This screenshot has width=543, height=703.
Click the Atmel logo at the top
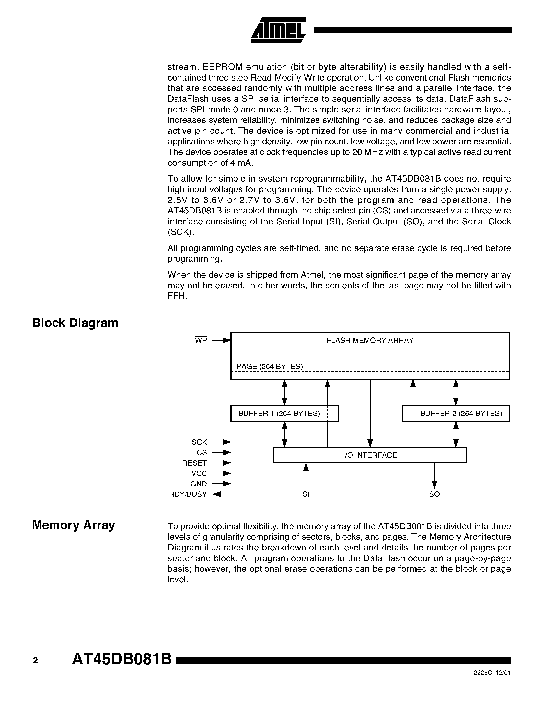click(x=278, y=30)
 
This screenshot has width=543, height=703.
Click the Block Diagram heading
click(x=75, y=323)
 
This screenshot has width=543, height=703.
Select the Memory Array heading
click(x=73, y=525)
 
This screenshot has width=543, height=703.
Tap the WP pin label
click(x=201, y=340)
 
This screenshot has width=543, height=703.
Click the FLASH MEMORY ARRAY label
click(x=370, y=340)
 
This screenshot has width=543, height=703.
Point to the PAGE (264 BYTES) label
click(x=270, y=366)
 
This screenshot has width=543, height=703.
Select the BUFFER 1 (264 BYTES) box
click(x=284, y=413)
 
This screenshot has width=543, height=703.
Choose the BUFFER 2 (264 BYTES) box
click(x=456, y=413)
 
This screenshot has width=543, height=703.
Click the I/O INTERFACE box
click(x=370, y=455)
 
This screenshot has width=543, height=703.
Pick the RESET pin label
click(x=195, y=463)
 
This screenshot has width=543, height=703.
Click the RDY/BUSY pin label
click(x=188, y=494)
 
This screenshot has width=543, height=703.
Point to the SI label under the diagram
click(x=306, y=494)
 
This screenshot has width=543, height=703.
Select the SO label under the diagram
click(x=434, y=494)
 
